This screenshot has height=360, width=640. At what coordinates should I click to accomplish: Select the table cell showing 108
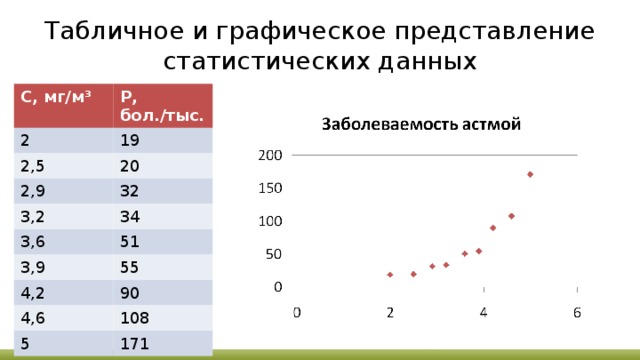pos(134,319)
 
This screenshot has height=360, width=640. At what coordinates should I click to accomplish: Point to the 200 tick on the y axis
pos(270,155)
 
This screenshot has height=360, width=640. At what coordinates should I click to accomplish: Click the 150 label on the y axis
pos(270,188)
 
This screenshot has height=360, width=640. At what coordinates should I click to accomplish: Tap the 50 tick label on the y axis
pos(274,254)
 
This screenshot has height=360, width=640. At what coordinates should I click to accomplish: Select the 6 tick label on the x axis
pos(577,312)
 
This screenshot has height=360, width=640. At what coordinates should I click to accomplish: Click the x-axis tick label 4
pos(484,312)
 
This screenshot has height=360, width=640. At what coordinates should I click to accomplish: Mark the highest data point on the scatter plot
pos(530,175)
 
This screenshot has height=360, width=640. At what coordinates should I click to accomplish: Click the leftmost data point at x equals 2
pos(390,274)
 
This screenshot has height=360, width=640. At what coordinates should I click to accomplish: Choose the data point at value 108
pos(511,216)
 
